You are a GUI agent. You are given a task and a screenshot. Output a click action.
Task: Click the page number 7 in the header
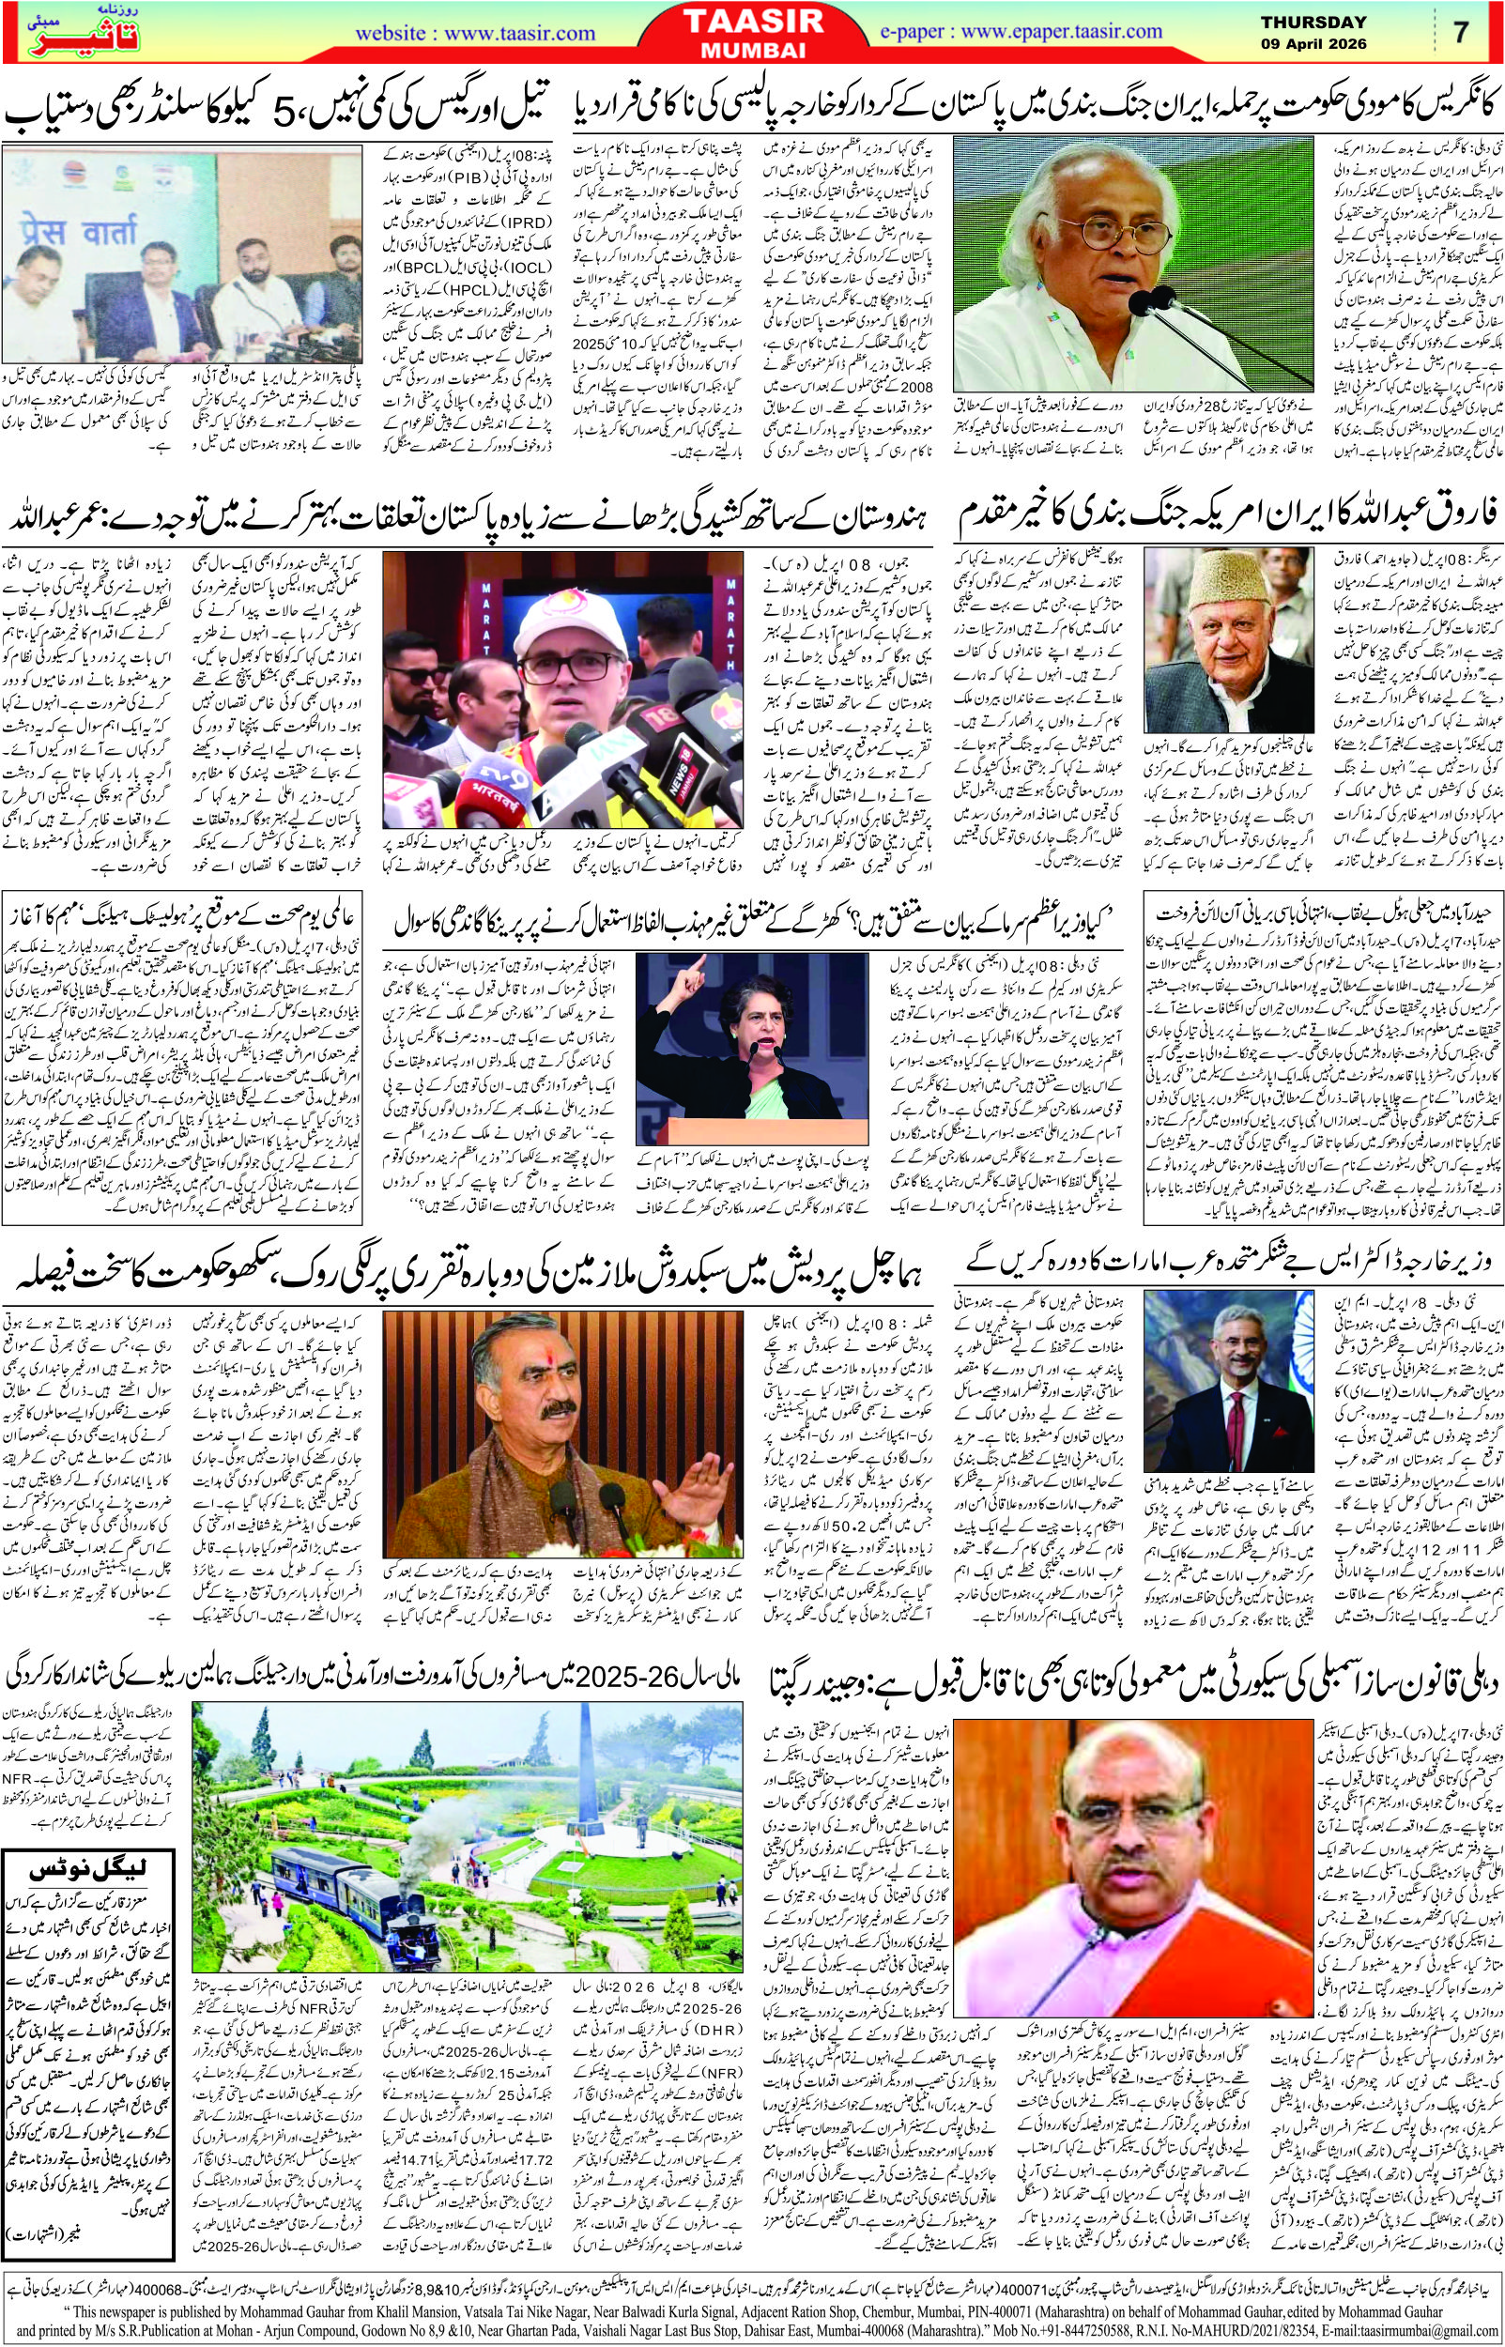1461,30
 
